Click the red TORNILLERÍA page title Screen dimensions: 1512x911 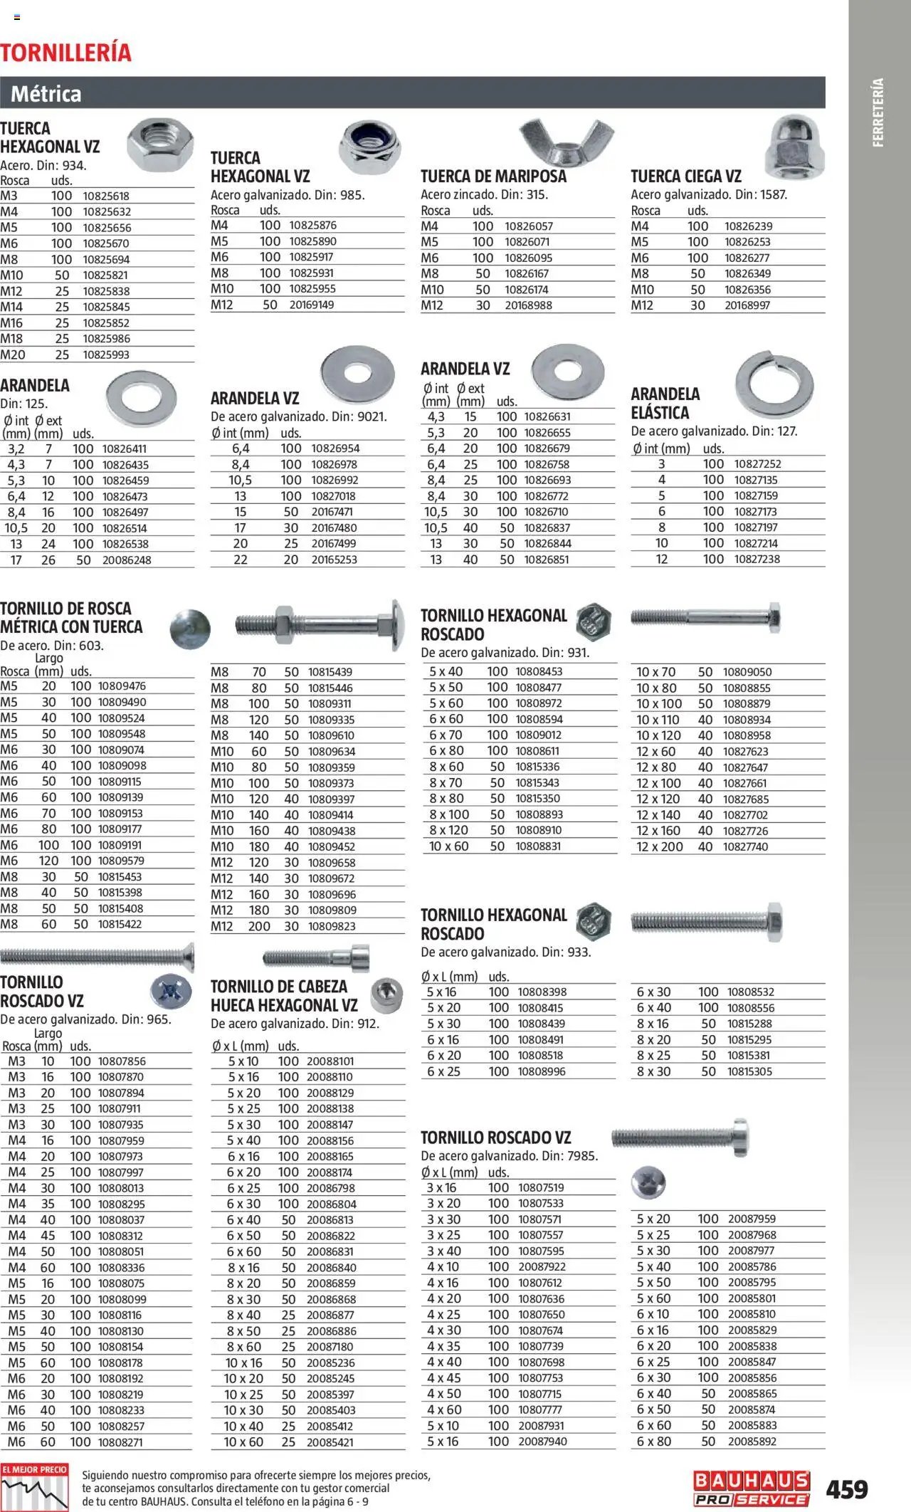tap(65, 53)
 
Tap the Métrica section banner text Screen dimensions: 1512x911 tap(46, 94)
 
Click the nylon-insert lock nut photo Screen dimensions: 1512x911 tap(369, 147)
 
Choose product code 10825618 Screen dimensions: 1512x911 tap(106, 196)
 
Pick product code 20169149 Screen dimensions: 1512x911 tap(311, 305)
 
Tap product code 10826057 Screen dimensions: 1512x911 tap(528, 226)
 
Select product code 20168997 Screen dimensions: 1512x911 tap(747, 305)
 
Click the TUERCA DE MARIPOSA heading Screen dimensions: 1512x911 tap(493, 177)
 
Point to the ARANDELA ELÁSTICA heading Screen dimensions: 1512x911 tap(665, 403)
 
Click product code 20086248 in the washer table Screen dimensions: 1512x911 tap(127, 560)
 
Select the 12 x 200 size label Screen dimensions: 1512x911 tap(659, 847)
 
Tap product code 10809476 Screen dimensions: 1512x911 tap(122, 686)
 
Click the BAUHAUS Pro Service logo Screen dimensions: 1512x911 tap(751, 1489)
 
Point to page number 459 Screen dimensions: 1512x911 tap(847, 1489)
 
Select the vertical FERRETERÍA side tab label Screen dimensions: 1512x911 tap(878, 112)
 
